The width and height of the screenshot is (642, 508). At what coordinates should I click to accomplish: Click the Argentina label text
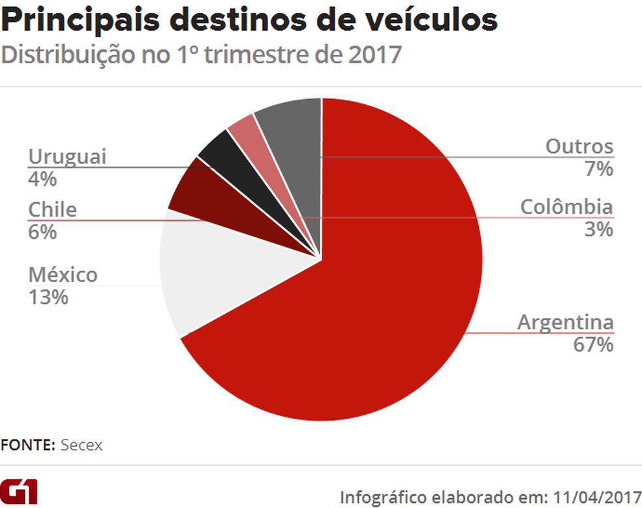coord(565,322)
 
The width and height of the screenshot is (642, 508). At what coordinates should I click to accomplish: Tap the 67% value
coord(592,344)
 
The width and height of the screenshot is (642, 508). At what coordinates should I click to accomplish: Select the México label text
coord(63,275)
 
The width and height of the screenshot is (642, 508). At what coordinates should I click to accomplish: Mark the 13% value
coord(48,297)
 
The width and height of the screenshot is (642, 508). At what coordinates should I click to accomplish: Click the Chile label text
coord(52,209)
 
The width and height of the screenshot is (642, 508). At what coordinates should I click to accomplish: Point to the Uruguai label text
coord(67,157)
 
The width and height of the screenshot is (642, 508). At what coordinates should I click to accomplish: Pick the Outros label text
coord(579,146)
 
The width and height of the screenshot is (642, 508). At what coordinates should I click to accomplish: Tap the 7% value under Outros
coord(599,169)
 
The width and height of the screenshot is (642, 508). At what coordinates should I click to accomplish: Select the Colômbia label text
coord(566,207)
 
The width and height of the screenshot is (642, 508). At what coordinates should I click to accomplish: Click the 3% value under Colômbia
coord(599,229)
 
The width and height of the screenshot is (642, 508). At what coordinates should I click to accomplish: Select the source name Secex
coord(82,445)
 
